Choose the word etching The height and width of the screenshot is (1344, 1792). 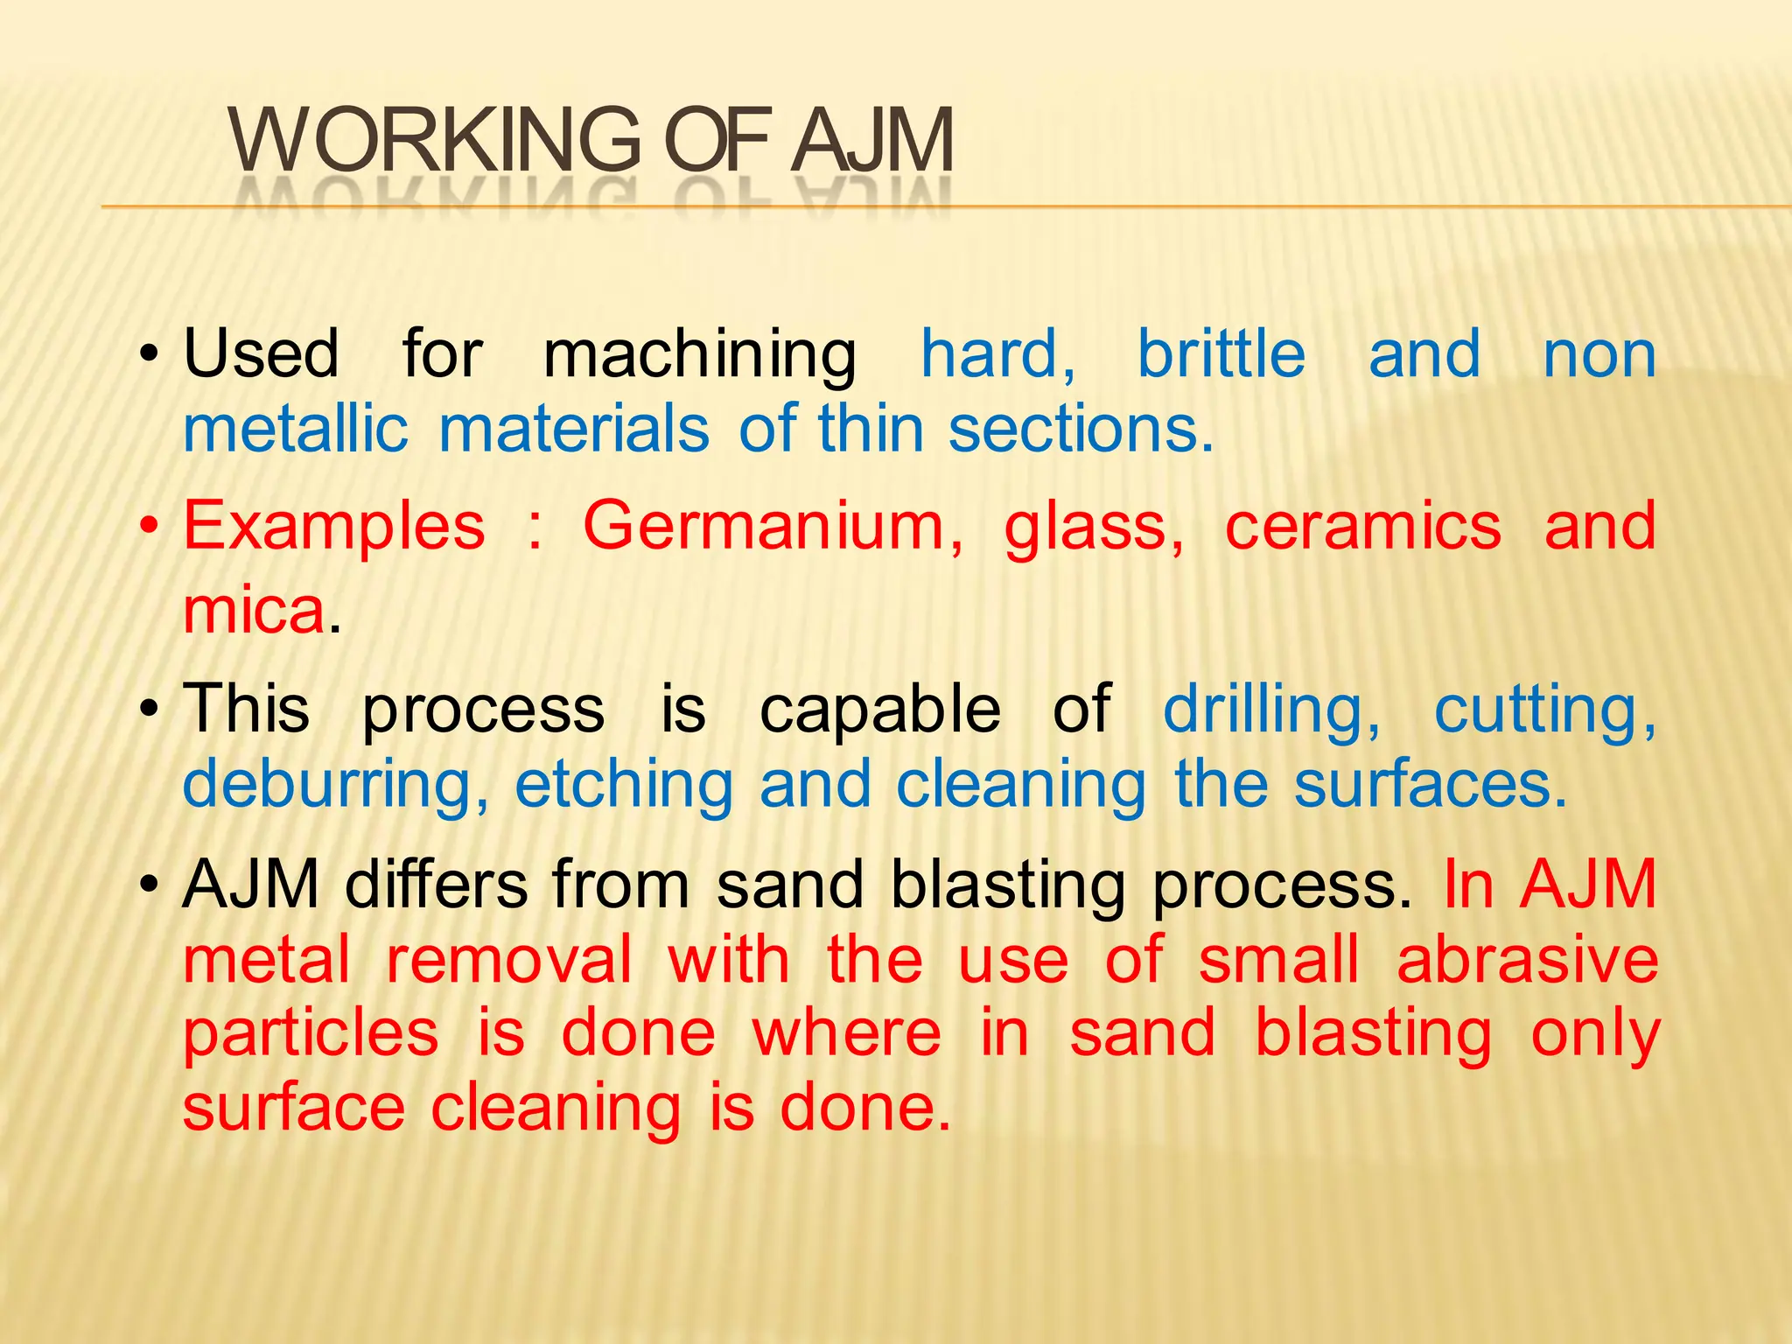point(624,785)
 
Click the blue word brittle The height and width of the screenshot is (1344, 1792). point(1221,354)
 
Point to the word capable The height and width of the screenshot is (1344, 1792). point(880,709)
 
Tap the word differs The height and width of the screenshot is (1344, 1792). point(437,885)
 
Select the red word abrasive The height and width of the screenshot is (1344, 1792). point(1527,960)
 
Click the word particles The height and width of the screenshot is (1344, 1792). point(311,1035)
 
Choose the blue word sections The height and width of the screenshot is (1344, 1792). point(1081,430)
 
